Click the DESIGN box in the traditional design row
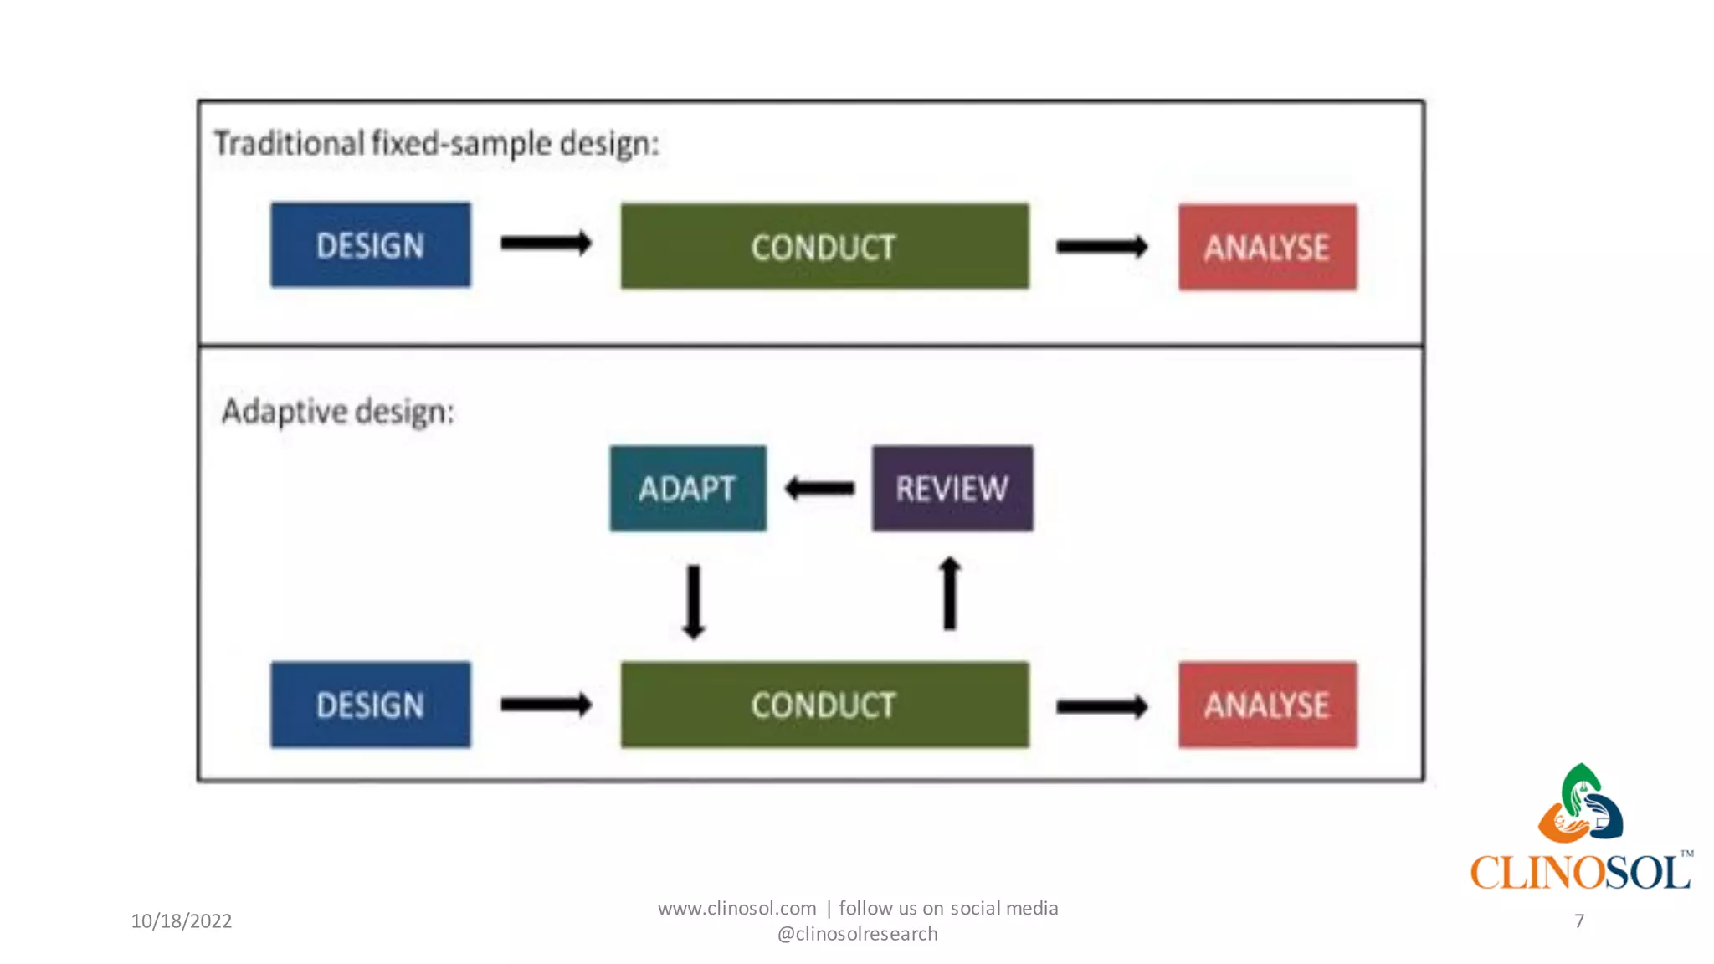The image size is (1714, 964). tap(370, 245)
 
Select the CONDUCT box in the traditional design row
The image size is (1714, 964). tap(824, 246)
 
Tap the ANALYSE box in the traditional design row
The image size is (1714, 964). tap(1267, 247)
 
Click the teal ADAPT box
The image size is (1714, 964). tap(687, 488)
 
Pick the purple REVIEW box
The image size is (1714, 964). tap(952, 488)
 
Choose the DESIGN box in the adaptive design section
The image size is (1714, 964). tap(370, 705)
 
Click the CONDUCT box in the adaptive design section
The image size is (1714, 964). tap(824, 705)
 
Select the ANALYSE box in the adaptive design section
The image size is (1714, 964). tap(1267, 705)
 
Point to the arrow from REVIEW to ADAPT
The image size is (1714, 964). tap(819, 488)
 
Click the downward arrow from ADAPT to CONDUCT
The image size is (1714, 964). tap(693, 602)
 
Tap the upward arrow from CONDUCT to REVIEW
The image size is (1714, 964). tap(949, 593)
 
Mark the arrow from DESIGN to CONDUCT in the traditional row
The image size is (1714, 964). tap(546, 244)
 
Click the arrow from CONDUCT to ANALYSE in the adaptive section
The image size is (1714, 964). tap(1101, 707)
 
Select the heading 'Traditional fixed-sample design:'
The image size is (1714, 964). tap(436, 143)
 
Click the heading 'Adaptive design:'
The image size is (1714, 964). tap(338, 412)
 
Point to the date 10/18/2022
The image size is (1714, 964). tap(181, 921)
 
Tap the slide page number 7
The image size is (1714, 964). tap(1578, 921)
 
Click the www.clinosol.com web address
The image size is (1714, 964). tap(736, 908)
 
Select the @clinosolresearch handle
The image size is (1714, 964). tap(857, 934)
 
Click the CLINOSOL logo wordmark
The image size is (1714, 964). tap(1579, 872)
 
